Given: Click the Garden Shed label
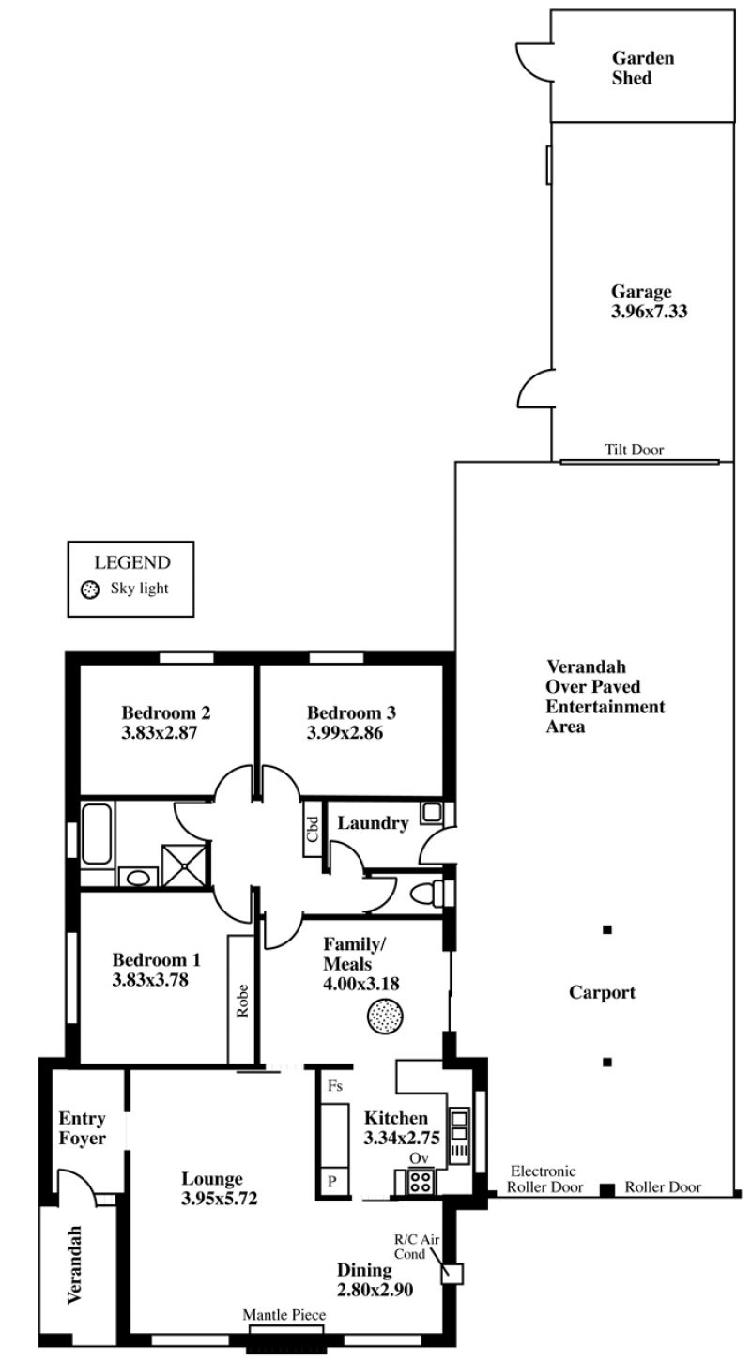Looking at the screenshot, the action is click(643, 69).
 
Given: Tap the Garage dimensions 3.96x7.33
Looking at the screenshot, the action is click(649, 312).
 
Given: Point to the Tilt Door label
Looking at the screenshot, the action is click(634, 450).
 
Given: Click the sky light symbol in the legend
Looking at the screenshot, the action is click(90, 589).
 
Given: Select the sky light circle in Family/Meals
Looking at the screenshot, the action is click(385, 1015).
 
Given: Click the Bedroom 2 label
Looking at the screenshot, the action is click(166, 712).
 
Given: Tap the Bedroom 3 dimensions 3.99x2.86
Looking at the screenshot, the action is click(345, 733).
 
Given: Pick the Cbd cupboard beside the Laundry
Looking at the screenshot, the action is click(313, 828).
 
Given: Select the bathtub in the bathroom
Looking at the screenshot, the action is click(97, 834).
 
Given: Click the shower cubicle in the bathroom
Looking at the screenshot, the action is click(185, 865).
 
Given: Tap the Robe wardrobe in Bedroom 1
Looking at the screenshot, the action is click(241, 1000).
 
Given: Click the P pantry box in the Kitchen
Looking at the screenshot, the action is click(332, 1182).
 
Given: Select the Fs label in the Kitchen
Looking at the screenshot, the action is click(335, 1086).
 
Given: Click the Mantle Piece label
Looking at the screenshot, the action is click(284, 1314).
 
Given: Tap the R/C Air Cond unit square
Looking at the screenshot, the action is click(452, 1274).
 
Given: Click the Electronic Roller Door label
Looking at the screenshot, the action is click(544, 1179).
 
